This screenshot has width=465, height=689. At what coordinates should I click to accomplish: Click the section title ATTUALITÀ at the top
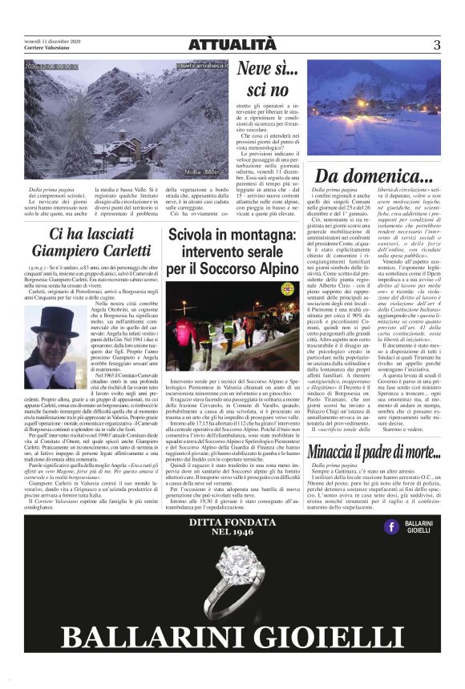(232, 45)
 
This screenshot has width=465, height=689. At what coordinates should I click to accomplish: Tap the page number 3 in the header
(436, 45)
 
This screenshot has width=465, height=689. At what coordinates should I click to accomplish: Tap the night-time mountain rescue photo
(232, 328)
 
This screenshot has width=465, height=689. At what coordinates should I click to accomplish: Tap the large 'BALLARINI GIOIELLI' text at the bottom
(232, 639)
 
